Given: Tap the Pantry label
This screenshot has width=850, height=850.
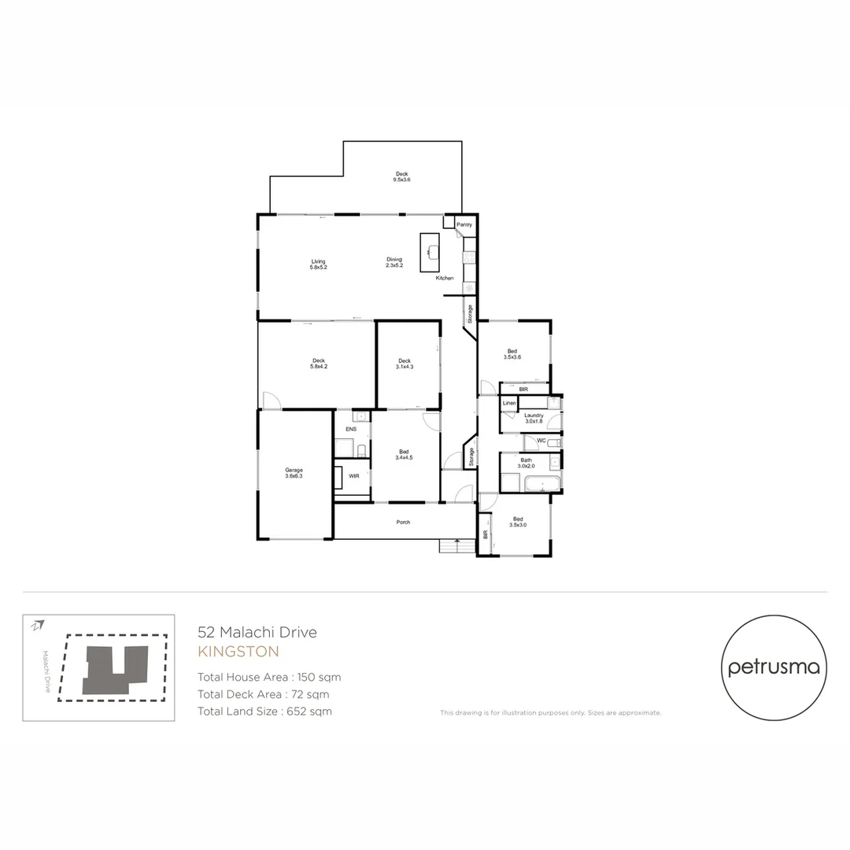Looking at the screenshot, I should (x=464, y=225).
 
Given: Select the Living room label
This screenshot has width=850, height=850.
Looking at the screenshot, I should (x=318, y=261).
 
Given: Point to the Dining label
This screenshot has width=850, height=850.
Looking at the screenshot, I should (x=394, y=259).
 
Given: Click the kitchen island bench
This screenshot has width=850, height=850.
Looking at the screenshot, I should (x=430, y=252).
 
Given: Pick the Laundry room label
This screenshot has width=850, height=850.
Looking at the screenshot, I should (x=534, y=415).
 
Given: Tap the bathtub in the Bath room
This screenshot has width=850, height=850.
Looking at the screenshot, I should (x=542, y=484).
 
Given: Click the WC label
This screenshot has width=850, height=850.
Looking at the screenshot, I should (x=541, y=441).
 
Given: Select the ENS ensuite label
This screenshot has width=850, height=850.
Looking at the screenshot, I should (x=351, y=429).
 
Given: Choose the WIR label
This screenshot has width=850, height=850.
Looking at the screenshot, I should (x=354, y=476).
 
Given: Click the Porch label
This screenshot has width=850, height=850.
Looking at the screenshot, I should (x=403, y=522).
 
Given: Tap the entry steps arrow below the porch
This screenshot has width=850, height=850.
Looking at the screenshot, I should (x=456, y=542).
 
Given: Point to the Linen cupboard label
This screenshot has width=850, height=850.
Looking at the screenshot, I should (x=509, y=404).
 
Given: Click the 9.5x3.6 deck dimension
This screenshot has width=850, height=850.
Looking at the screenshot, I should (x=401, y=180).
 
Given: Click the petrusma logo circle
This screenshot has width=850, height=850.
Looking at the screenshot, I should (x=774, y=668).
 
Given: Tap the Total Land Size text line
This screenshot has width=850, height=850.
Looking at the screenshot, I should (x=264, y=711).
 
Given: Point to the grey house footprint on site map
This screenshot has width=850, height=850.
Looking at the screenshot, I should (x=116, y=669).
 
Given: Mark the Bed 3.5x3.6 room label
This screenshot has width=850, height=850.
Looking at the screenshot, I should (x=512, y=354).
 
